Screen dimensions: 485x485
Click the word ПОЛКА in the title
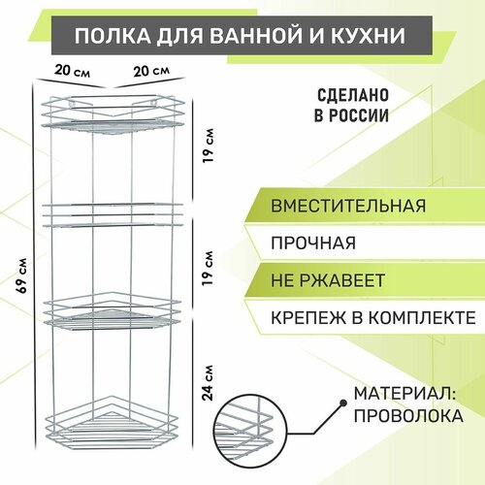coord(113,35)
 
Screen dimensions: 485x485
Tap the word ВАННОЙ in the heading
coord(247,35)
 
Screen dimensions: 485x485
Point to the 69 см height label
coord(22,275)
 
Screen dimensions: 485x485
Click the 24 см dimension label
coord(208,383)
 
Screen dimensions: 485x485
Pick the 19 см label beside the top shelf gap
coord(208,145)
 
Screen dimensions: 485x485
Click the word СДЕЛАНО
coord(353,95)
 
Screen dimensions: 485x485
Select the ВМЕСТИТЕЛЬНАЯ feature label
coord(348,206)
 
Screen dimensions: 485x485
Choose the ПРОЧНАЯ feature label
coord(313,243)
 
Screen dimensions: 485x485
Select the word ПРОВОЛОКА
coord(408,416)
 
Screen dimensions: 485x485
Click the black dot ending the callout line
coord(343,404)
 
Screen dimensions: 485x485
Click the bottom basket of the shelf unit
coord(113,424)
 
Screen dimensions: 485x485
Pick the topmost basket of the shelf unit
coord(113,114)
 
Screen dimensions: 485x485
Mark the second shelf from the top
coord(113,214)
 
